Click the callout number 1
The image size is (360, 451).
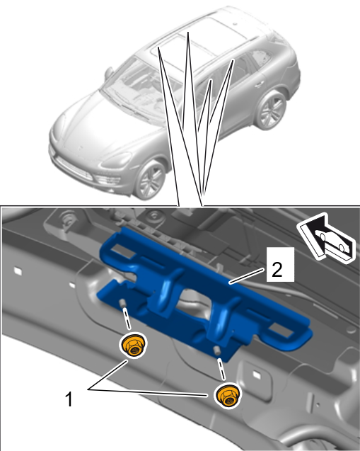69,399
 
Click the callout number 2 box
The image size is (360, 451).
280,264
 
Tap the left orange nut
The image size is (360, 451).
132,346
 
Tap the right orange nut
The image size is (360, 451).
228,395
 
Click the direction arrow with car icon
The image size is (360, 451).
326,239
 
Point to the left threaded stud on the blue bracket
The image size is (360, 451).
122,303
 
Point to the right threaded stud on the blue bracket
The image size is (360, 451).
216,350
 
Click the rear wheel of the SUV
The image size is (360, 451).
270,110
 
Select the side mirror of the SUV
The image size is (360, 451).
109,73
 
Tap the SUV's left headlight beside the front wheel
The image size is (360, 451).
116,161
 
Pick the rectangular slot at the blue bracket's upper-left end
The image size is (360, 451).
123,251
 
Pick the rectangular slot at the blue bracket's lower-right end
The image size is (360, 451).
281,329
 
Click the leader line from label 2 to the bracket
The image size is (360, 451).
246,276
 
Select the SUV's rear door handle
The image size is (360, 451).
260,84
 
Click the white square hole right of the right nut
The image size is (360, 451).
256,375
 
